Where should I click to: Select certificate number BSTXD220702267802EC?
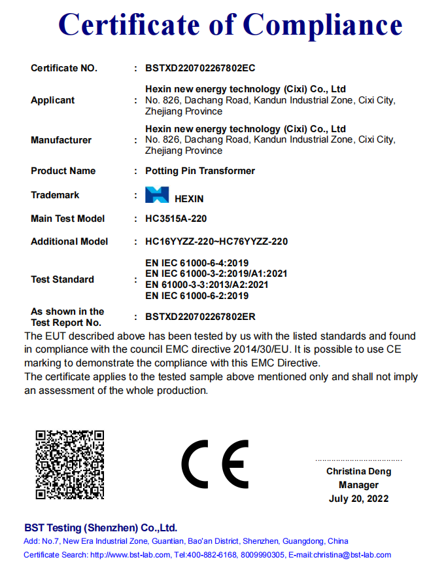click(200, 67)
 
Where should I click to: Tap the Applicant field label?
click(53, 100)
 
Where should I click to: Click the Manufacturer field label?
click(61, 140)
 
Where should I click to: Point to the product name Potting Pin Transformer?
click(200, 171)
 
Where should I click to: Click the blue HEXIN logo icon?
click(157, 195)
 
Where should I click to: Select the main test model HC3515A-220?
click(176, 219)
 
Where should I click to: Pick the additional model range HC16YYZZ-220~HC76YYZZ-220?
click(216, 241)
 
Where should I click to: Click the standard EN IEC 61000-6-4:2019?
click(197, 263)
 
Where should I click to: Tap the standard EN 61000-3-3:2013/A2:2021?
click(207, 285)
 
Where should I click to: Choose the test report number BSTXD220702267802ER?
click(200, 317)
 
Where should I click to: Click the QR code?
click(70, 464)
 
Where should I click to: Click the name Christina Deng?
click(359, 471)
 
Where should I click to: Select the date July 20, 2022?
click(359, 499)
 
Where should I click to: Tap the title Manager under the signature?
click(359, 485)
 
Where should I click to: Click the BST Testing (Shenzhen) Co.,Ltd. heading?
click(101, 527)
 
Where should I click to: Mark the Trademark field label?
click(55, 195)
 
